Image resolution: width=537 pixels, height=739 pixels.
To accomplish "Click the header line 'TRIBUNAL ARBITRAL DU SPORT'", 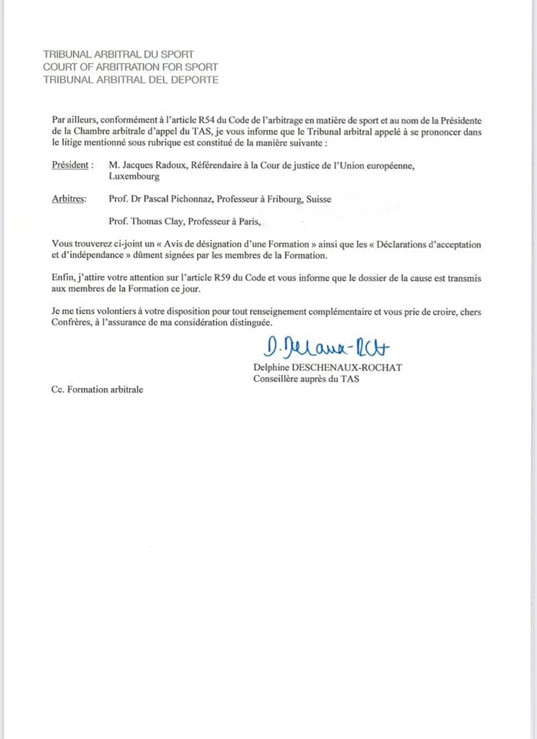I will point(118,55).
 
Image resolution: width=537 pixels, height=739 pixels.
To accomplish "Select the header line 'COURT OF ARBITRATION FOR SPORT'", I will point(131,67).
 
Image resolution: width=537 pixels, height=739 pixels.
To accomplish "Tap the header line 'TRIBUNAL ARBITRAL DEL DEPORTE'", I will point(131,79).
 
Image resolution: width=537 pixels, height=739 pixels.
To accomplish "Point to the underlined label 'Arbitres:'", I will point(68,199).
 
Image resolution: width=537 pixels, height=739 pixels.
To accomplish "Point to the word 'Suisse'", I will point(319,199).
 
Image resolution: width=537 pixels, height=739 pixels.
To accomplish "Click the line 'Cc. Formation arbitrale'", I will point(93,390).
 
